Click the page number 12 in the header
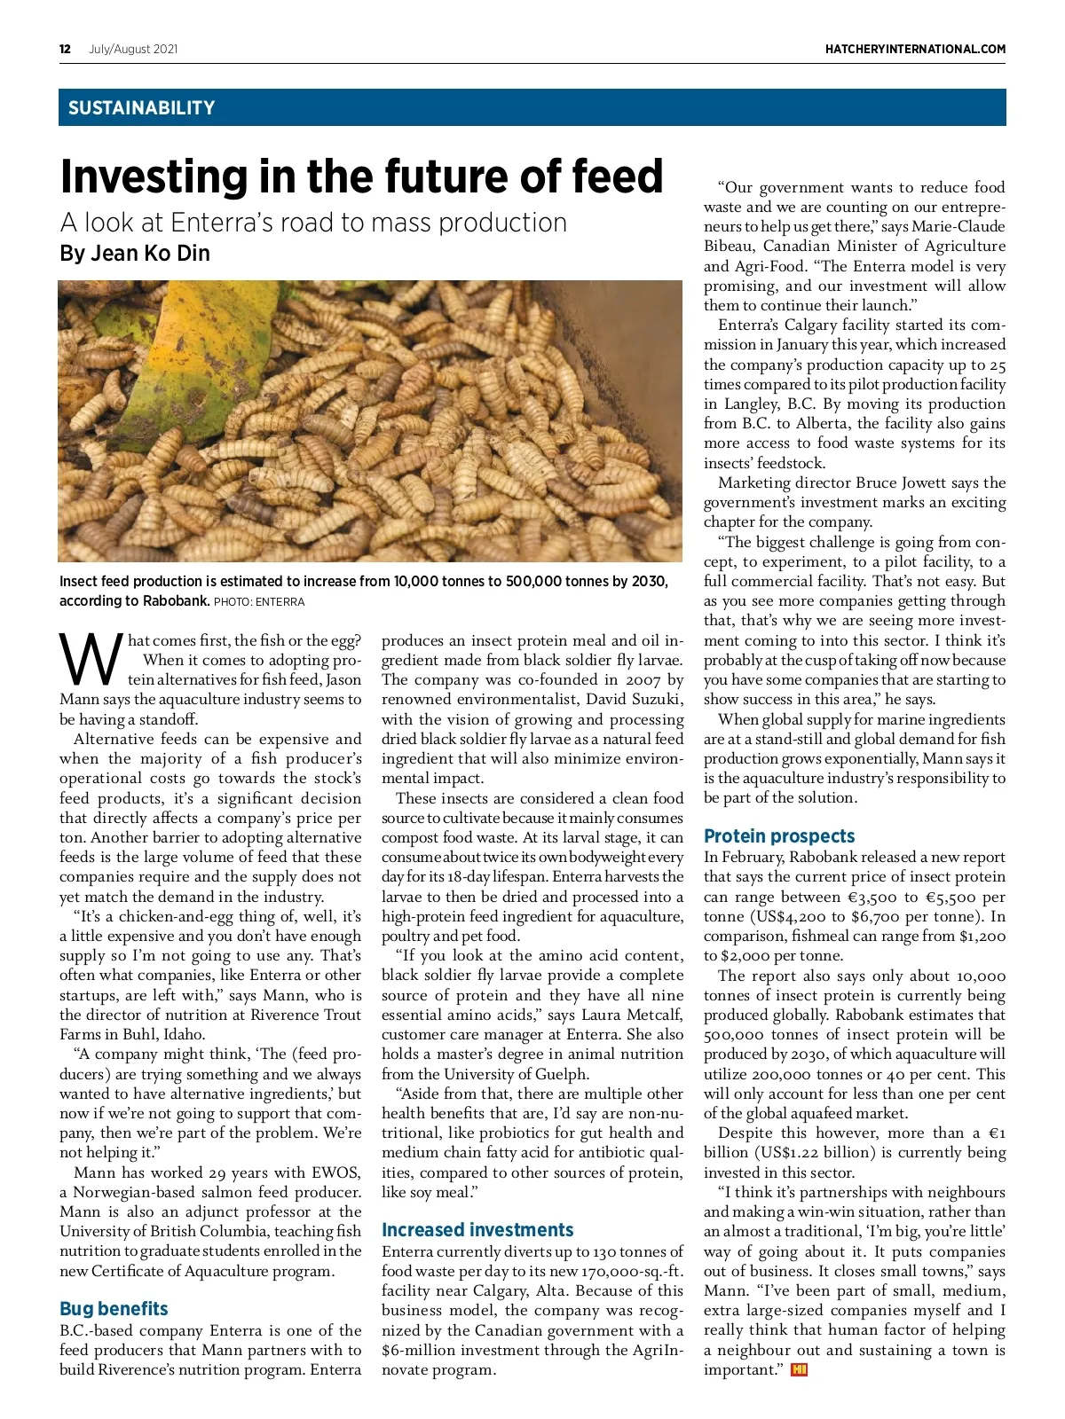65,49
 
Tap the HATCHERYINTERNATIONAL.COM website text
915,49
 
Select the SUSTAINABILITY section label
141,108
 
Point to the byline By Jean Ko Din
135,254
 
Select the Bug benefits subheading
114,1309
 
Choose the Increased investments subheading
477,1230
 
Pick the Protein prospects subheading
779,836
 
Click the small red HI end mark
799,1370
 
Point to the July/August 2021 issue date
133,49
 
